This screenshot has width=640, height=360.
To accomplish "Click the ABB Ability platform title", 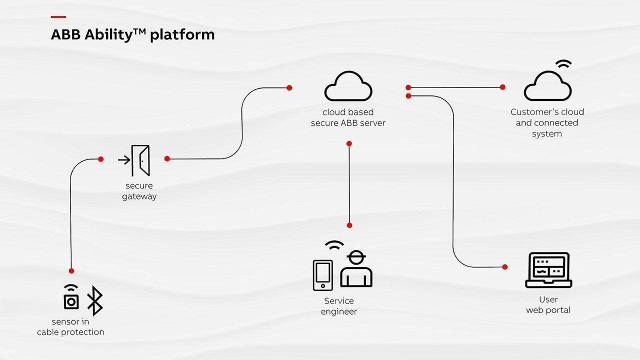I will coord(132,34).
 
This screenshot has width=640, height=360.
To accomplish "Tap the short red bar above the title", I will coord(58,17).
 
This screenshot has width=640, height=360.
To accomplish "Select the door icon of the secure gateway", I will coord(140,160).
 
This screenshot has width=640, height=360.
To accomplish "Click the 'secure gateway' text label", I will coord(139,191).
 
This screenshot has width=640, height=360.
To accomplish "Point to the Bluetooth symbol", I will coord(94,301).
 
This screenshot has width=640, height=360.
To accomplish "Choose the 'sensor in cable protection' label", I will coord(70,327).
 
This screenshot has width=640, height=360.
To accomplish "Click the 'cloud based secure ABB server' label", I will coord(348,117).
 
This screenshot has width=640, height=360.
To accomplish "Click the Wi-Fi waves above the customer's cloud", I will coord(564,64).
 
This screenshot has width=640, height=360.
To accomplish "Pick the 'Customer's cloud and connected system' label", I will coord(547,123).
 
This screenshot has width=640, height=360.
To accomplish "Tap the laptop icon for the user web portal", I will coord(548,270).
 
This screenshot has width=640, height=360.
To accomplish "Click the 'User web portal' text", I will coord(548,305).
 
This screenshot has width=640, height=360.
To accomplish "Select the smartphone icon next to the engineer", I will coord(322,275).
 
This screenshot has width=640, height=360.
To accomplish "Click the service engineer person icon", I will coord(356,270).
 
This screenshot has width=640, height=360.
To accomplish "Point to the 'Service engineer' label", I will coord(339,306).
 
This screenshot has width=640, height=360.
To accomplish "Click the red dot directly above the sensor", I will coord(71,270).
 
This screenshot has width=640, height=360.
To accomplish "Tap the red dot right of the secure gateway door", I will coord(167,158).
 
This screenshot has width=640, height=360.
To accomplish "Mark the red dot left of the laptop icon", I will coord(505,267).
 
